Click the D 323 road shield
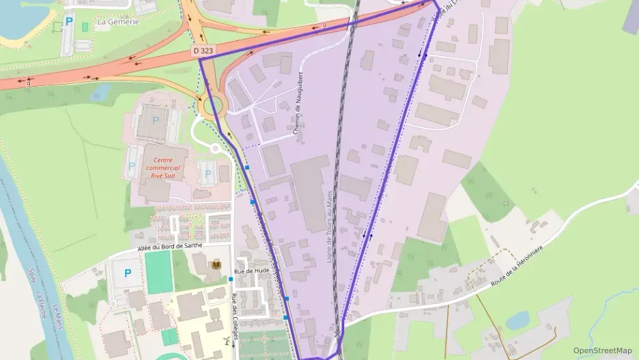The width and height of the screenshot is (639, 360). point(202,51)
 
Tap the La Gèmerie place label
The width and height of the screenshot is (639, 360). point(118,22)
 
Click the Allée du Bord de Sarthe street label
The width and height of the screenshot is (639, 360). point(174,247)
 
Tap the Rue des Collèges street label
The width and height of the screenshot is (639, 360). point(234,314)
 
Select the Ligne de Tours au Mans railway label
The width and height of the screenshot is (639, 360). point(330,226)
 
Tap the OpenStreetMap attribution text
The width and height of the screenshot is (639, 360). point(603,350)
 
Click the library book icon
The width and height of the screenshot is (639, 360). point(217,264)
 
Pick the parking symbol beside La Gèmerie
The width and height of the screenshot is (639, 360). point(68,22)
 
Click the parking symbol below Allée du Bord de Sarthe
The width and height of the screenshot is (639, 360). point(127,273)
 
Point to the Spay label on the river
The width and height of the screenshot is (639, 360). point(31,278)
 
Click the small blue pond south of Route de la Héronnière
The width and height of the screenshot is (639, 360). point(518,320)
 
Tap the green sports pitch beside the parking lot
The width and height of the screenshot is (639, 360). point(158,272)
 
